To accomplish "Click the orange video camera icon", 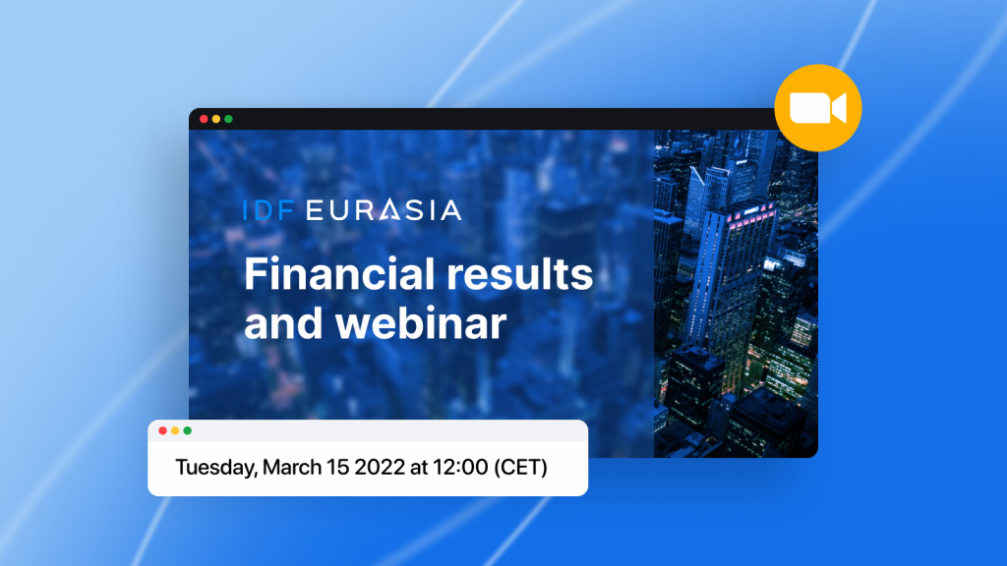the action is point(817,108).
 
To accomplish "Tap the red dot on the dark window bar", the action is point(204,119).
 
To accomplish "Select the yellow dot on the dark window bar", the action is point(215,119).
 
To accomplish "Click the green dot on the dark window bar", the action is point(228,119).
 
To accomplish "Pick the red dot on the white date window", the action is point(162,430).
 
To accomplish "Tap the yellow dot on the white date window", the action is point(175,430).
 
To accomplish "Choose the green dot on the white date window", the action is point(187,430).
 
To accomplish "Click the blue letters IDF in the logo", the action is point(269,210).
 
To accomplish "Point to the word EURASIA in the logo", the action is point(384,210).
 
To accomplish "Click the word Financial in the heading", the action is point(339,274).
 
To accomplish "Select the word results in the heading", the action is point(519,274).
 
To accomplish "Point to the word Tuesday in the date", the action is point(216,468).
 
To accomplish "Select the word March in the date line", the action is point(291,467).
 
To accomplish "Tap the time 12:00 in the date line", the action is point(460,467).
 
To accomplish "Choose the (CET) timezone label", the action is point(520,467).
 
